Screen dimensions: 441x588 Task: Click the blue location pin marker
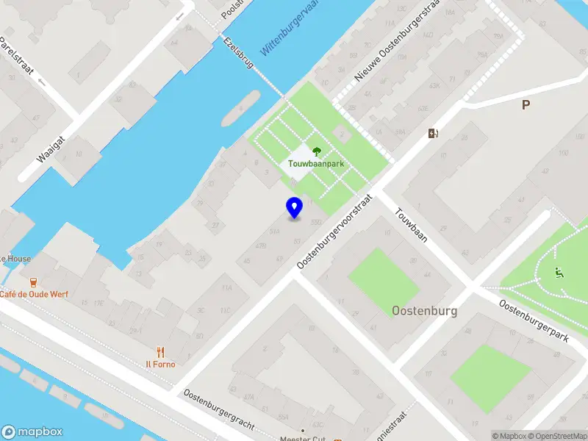[x=294, y=207]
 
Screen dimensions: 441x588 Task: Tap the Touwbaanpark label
[x=317, y=165]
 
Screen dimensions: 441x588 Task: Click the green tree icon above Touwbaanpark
[x=317, y=151]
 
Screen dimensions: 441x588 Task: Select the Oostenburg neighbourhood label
[x=425, y=310]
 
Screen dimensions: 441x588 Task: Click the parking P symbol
[x=526, y=105]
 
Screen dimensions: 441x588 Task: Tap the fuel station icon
[x=434, y=133]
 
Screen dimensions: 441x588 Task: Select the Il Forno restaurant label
[x=159, y=364]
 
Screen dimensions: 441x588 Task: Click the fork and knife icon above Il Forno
[x=159, y=351]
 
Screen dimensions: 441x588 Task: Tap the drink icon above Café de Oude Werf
[x=32, y=282]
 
